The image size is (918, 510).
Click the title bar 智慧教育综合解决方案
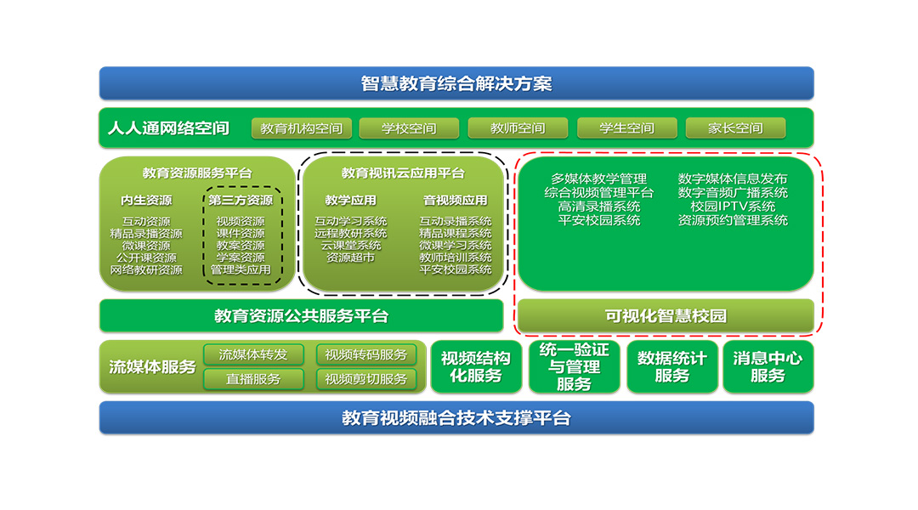click(x=456, y=83)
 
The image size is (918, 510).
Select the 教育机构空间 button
click(x=302, y=128)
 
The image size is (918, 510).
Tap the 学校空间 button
click(x=409, y=128)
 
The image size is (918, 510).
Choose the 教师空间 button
click(x=518, y=128)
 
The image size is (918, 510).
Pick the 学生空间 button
click(x=627, y=128)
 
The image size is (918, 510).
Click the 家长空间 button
click(x=735, y=128)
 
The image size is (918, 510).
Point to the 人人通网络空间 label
click(x=168, y=128)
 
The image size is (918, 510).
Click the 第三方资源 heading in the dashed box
click(x=241, y=201)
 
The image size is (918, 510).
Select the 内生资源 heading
click(x=146, y=201)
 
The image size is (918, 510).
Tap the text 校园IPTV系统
click(x=733, y=207)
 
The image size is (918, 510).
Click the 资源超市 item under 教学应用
click(x=350, y=258)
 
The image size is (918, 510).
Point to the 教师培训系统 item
click(x=455, y=258)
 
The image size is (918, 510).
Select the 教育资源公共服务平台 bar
click(x=301, y=315)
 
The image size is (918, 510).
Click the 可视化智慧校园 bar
click(x=666, y=315)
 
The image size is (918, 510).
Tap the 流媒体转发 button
click(x=253, y=354)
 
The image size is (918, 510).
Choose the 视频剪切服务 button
click(x=365, y=379)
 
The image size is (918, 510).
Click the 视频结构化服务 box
click(x=476, y=366)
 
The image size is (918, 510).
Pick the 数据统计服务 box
click(x=672, y=366)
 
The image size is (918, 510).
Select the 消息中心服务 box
click(x=768, y=366)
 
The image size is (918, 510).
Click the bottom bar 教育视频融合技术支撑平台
click(x=456, y=417)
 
